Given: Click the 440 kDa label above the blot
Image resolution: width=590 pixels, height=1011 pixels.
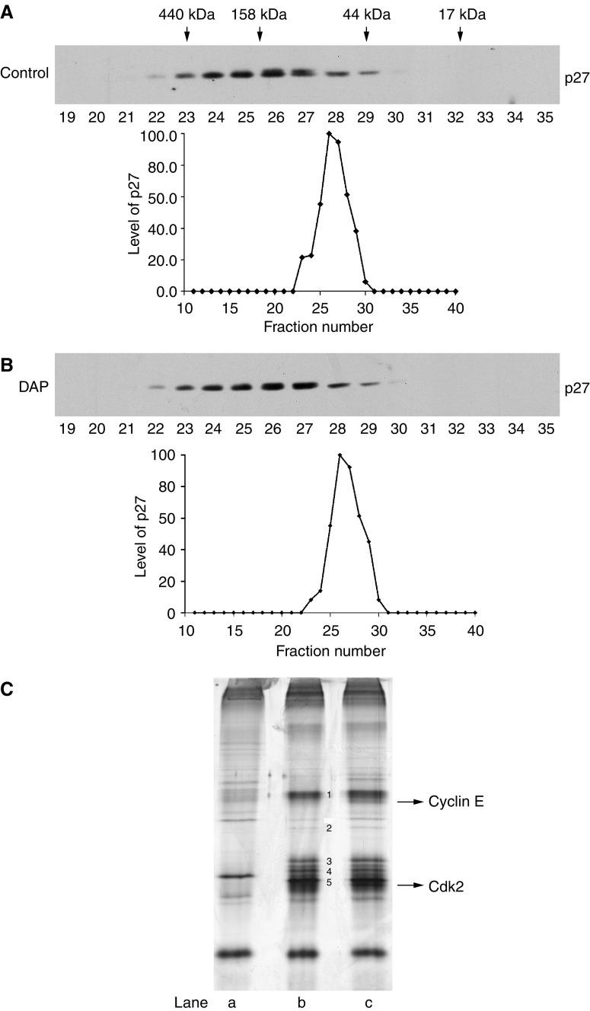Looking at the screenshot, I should coord(187,14).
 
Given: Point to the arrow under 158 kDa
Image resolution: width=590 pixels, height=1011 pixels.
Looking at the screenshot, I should coord(260,34).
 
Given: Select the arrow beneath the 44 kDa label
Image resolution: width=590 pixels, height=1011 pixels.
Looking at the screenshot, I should coord(366,34).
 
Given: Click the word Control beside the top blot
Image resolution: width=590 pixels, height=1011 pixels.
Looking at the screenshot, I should coord(24,74).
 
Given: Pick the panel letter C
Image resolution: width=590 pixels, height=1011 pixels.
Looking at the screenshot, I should coord(7,689).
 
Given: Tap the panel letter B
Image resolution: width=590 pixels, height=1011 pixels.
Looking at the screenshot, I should coord(7,365).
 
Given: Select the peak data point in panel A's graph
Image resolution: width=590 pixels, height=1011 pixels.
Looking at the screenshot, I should coord(329,134).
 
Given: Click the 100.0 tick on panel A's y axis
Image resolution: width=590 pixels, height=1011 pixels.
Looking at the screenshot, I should coord(162,135).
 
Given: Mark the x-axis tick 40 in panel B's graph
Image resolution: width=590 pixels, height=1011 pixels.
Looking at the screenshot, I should coord(476,631).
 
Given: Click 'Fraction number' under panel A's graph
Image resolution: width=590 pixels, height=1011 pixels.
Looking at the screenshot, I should coord(317,327).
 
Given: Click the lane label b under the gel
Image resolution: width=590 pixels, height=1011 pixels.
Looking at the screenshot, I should coord(304,1003).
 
